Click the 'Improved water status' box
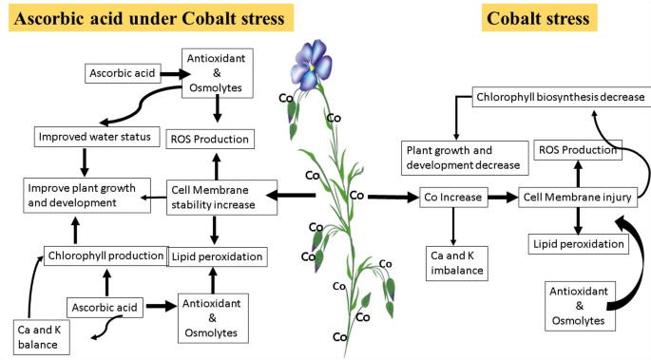(92, 137)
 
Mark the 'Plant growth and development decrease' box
(463, 158)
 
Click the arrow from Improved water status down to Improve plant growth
(83, 161)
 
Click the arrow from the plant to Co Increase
(392, 198)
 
